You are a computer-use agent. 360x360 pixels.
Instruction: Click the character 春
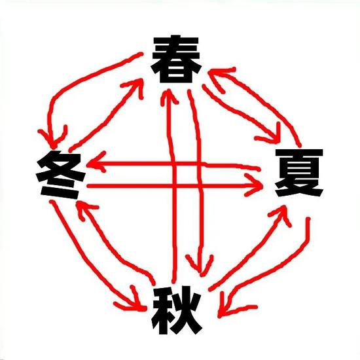click(176, 59)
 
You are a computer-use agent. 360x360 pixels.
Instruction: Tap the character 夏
click(299, 173)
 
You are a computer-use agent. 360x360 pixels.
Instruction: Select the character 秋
click(176, 310)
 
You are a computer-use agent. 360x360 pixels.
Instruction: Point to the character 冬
click(60, 175)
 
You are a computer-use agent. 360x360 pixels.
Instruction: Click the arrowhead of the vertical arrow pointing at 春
click(169, 96)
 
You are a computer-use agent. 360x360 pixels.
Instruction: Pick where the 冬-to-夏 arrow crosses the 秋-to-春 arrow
click(175, 185)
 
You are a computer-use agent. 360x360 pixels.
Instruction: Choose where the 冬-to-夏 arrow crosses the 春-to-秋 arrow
click(200, 185)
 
